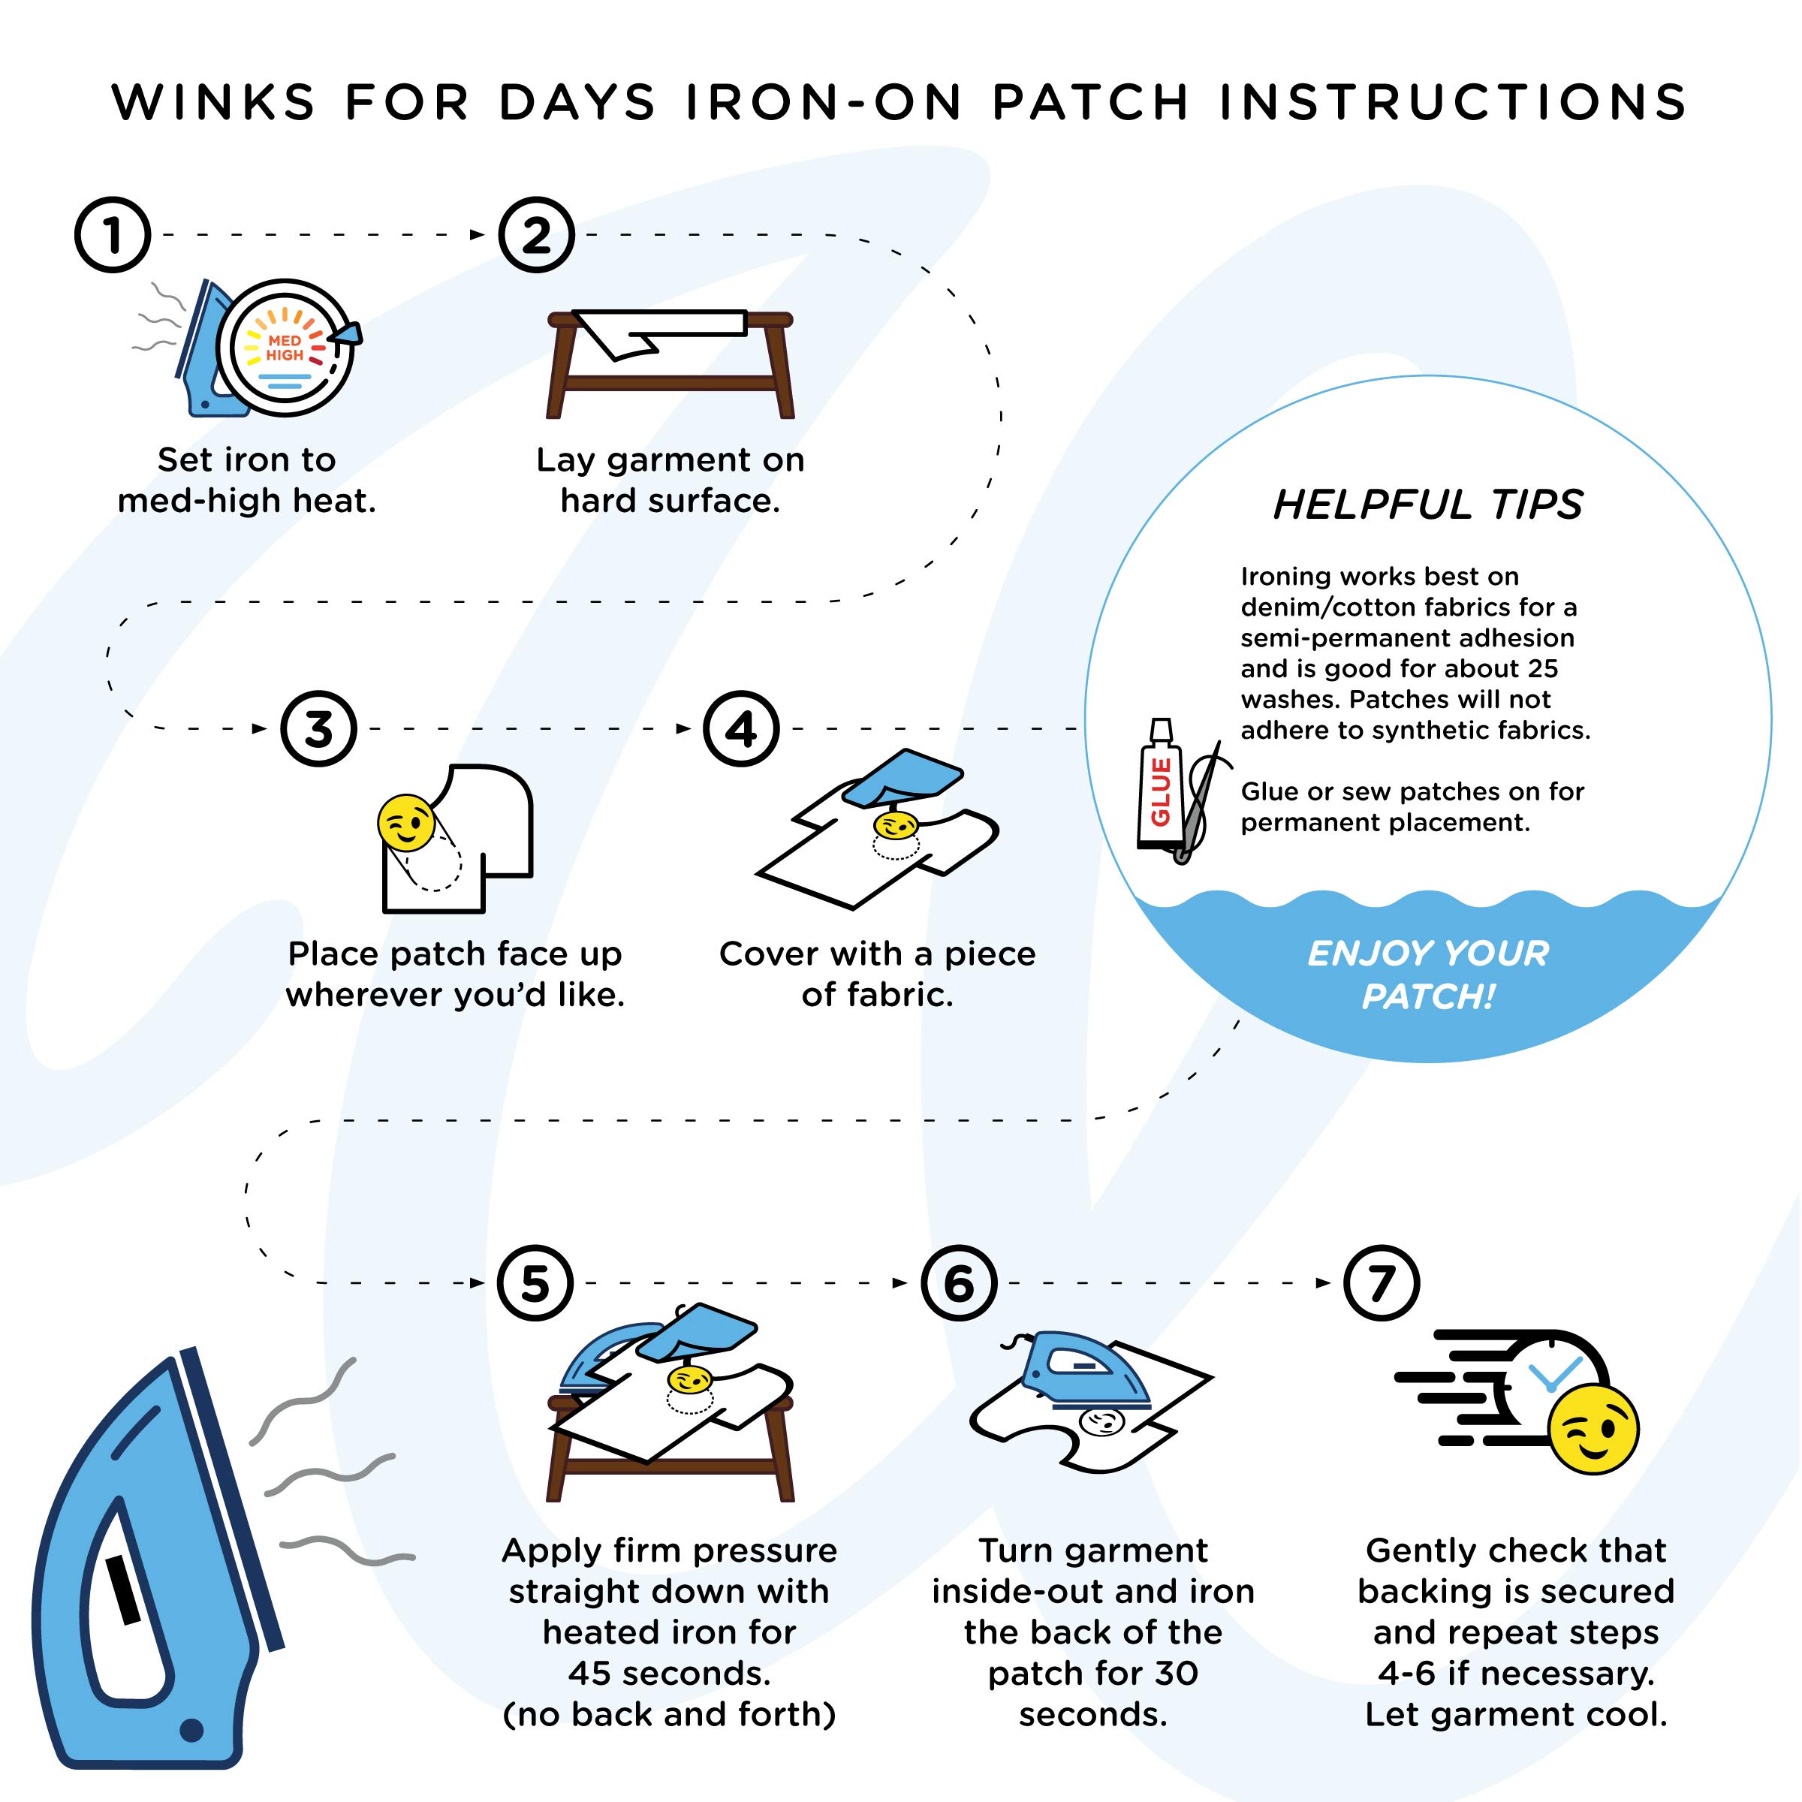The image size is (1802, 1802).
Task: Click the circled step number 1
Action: (113, 235)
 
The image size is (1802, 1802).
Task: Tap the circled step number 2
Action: (536, 235)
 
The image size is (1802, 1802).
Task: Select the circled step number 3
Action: (319, 728)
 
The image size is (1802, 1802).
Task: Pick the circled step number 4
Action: (742, 728)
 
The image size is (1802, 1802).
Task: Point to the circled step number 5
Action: (535, 1282)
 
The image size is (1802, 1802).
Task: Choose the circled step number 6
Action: (959, 1282)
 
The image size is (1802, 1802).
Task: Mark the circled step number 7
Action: (1382, 1282)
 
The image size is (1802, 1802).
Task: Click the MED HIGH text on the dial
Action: (285, 348)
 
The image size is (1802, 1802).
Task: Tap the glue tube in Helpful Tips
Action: (1160, 783)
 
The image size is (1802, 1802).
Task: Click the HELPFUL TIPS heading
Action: (1428, 505)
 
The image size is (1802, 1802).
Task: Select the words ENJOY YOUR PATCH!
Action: (1428, 975)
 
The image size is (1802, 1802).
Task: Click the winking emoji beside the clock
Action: (1593, 1429)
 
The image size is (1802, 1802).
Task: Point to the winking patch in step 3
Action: (405, 823)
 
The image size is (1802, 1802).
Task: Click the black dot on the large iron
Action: (191, 1730)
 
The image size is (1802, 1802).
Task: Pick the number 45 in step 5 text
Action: (589, 1674)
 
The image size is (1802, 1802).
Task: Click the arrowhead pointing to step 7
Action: (1324, 1282)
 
